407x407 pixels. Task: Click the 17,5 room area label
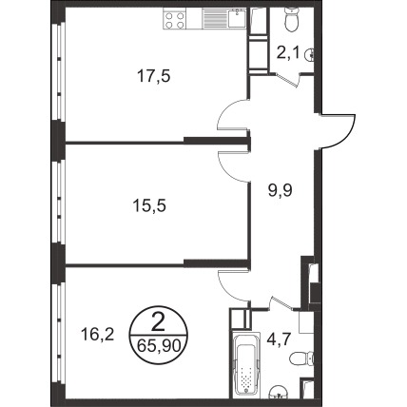[x=154, y=76]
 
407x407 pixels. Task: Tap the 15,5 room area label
[x=149, y=206]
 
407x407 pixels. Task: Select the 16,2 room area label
[x=97, y=335]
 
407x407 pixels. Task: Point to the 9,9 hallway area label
[x=280, y=191]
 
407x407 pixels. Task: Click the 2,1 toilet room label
[x=288, y=53]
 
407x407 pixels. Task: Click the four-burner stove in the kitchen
[x=174, y=19]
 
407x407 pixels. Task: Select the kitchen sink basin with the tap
[x=237, y=19]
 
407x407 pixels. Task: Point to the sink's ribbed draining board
[x=215, y=19]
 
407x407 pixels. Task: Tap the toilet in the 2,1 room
[x=291, y=19]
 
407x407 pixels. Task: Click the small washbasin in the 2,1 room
[x=310, y=55]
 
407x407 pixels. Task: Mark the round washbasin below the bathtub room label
[x=280, y=392]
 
